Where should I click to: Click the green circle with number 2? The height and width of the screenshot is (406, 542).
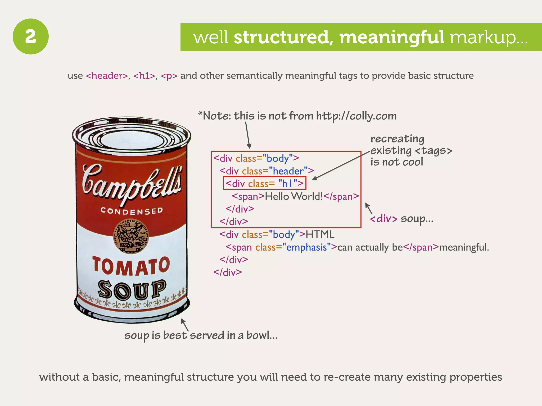[x=31, y=36]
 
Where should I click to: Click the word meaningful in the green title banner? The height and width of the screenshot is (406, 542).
[x=392, y=37]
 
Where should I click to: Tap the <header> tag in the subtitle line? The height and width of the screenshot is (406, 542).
[x=107, y=76]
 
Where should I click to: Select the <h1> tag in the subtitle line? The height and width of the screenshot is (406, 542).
[x=144, y=76]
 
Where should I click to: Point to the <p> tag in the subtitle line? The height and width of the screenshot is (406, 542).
[x=169, y=76]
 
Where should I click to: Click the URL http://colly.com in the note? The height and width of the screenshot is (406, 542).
[x=356, y=116]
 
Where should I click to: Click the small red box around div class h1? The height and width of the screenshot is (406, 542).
[x=264, y=183]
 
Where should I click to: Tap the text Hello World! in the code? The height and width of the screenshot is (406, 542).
[x=294, y=196]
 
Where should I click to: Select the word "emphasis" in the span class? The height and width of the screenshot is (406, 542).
[x=306, y=247]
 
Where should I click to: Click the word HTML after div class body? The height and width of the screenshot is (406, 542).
[x=320, y=234]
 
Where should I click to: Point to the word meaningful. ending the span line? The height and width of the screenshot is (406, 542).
[x=464, y=247]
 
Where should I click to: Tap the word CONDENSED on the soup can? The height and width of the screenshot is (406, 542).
[x=132, y=211]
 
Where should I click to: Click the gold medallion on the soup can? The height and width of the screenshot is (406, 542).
[x=131, y=236]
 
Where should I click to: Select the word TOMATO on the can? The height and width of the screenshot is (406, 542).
[x=131, y=266]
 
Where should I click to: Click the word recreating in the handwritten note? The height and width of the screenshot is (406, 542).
[x=397, y=139]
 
